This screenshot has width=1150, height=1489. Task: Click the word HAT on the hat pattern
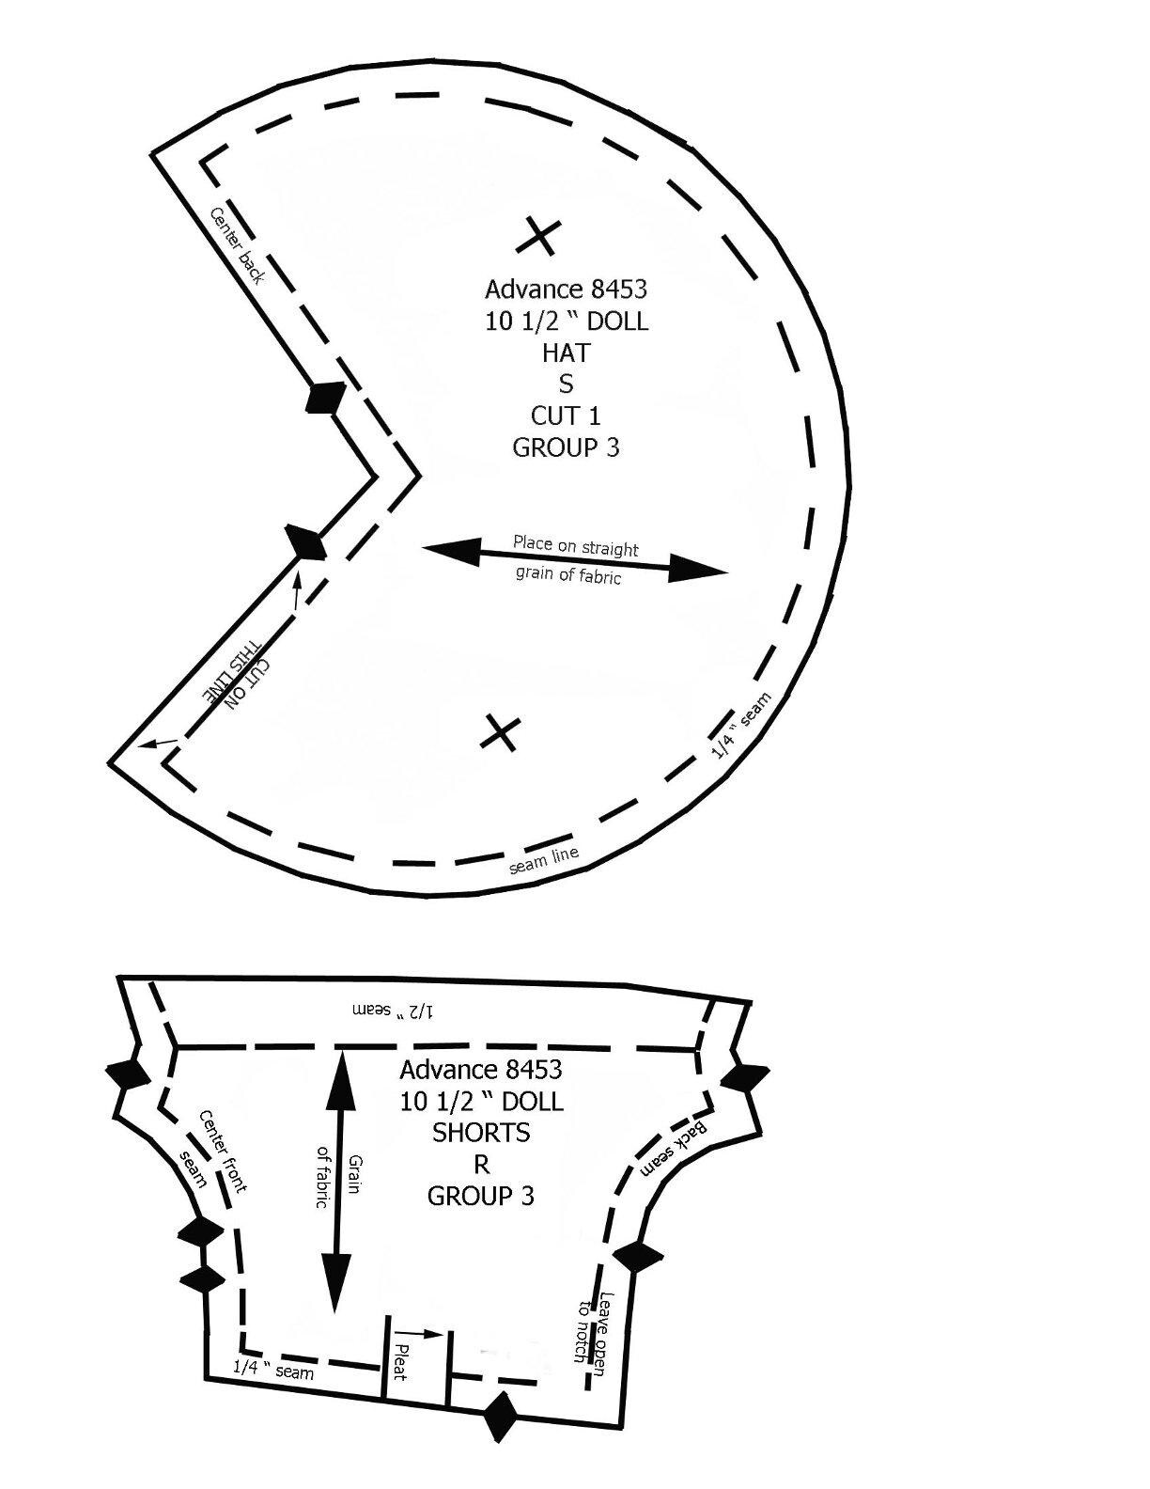click(566, 353)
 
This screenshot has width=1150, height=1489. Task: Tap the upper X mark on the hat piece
click(539, 236)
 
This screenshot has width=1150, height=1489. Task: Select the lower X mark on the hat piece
click(500, 732)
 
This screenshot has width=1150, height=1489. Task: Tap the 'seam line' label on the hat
click(545, 861)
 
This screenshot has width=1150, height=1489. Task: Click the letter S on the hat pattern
click(566, 384)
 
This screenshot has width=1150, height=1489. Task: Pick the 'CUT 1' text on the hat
click(566, 415)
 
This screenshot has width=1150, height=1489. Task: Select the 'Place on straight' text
click(575, 546)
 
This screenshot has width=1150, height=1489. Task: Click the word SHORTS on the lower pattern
click(481, 1133)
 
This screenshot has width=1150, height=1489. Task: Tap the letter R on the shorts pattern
click(481, 1164)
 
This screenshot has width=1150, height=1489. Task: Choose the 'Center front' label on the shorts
click(223, 1152)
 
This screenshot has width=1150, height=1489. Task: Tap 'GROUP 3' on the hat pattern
click(566, 447)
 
